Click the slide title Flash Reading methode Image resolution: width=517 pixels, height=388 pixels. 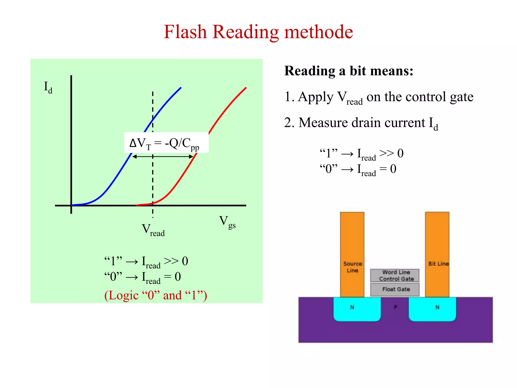click(x=258, y=32)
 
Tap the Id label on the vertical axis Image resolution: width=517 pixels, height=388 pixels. click(x=48, y=87)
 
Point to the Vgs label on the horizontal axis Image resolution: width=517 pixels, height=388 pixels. click(x=227, y=222)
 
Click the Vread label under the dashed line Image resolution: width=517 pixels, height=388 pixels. click(x=153, y=230)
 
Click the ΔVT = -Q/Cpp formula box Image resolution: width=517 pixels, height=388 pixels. click(x=166, y=143)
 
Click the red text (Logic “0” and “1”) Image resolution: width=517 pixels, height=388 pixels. click(x=156, y=295)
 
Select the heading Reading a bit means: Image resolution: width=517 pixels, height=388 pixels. click(x=349, y=71)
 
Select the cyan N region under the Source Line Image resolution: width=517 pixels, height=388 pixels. click(x=357, y=310)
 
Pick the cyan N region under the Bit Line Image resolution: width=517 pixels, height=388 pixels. click(x=432, y=310)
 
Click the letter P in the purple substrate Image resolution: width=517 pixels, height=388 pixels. click(x=395, y=307)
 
